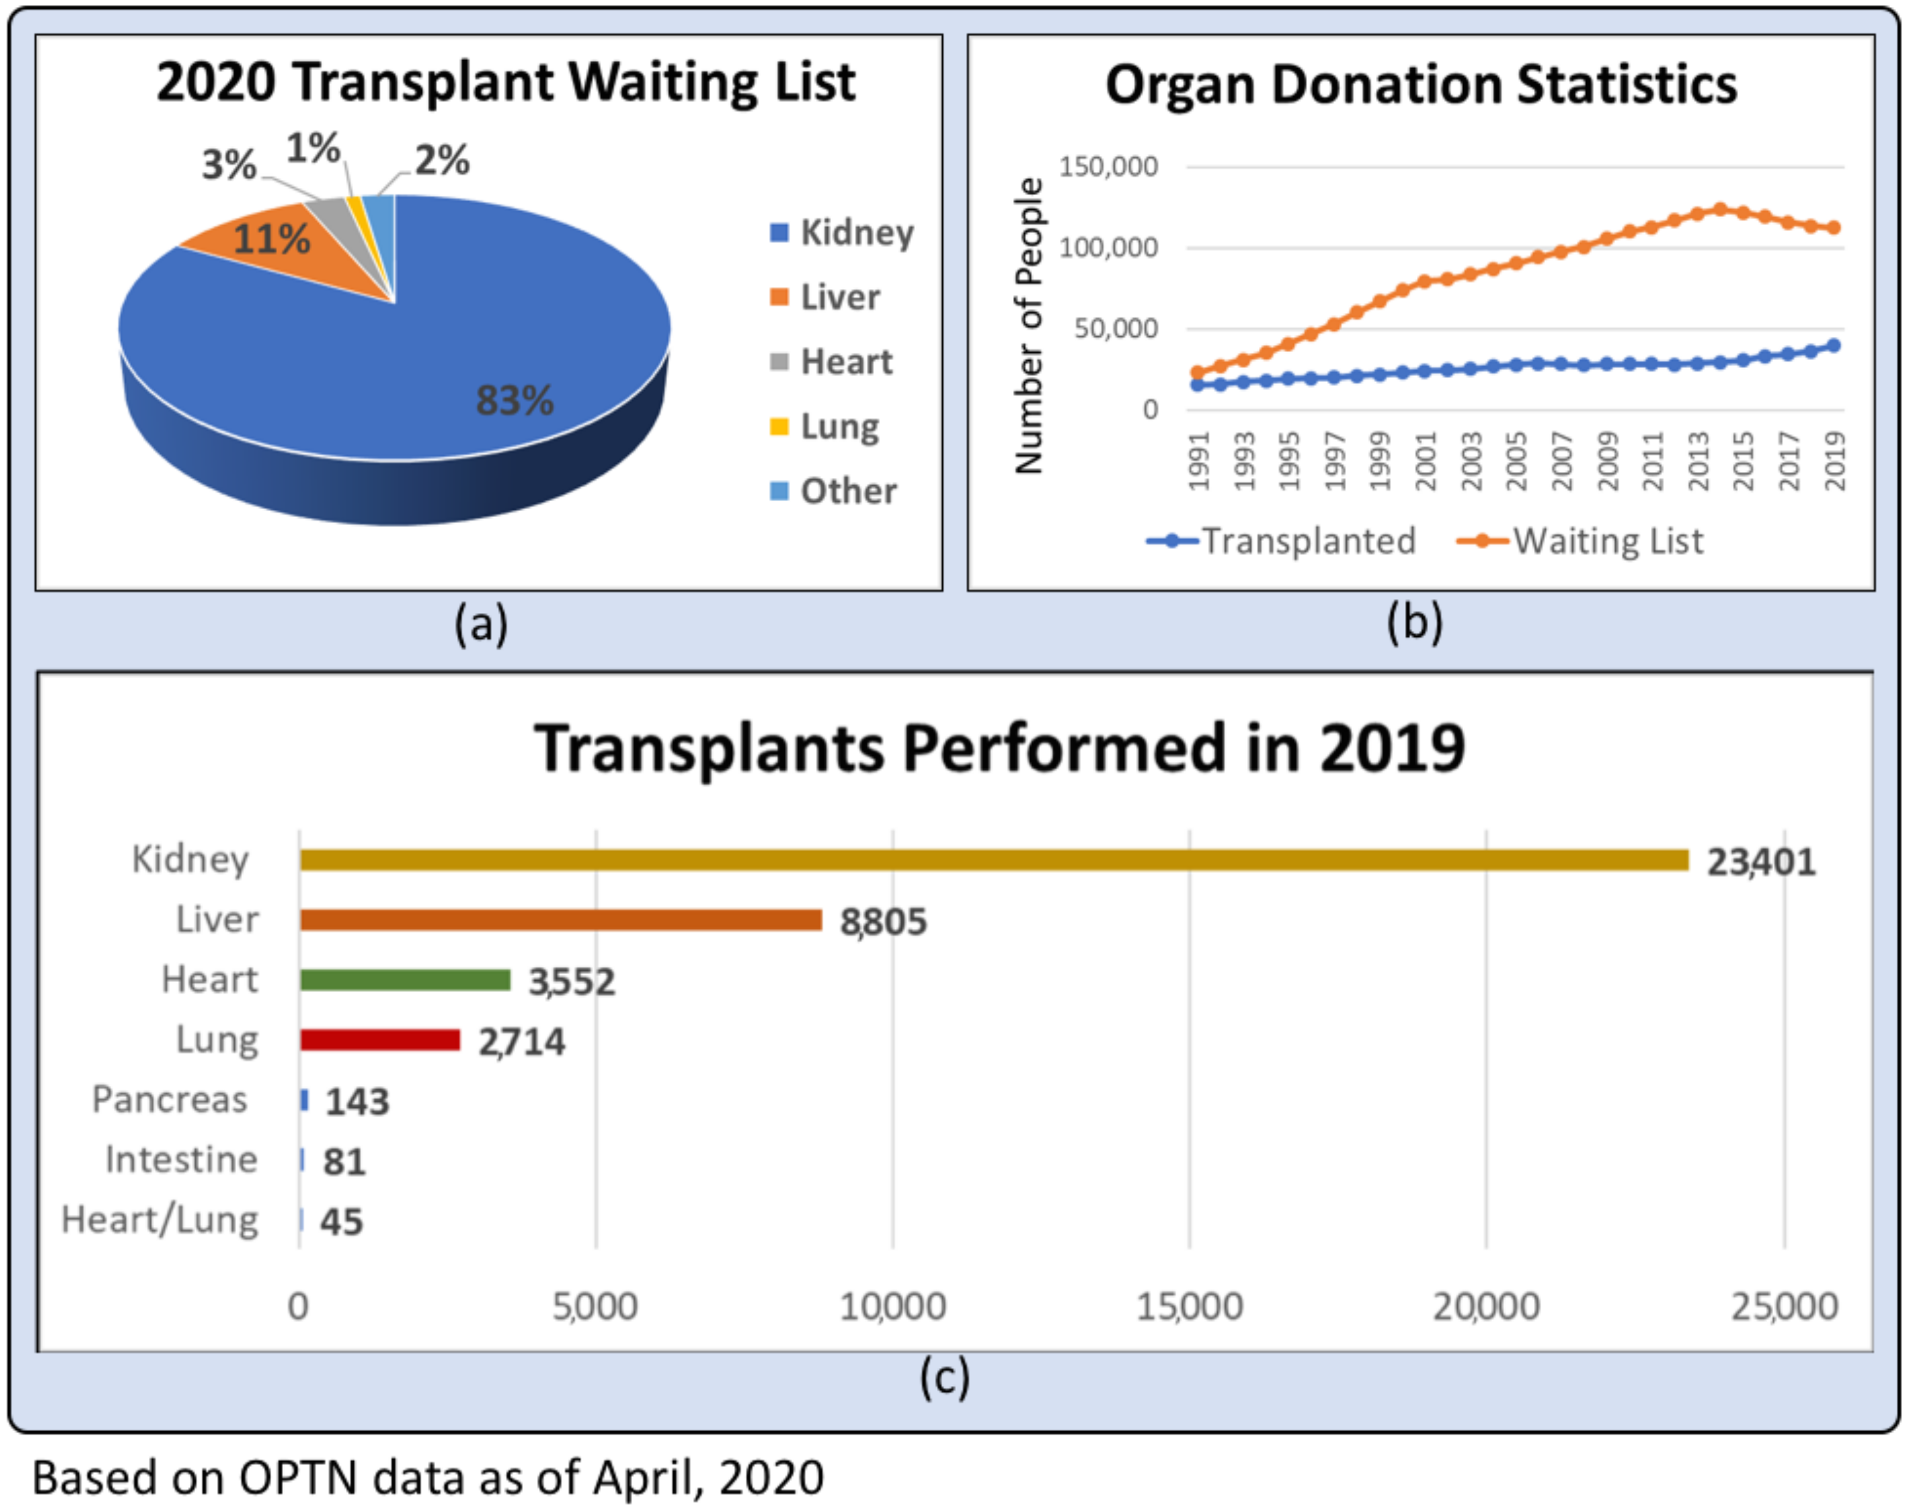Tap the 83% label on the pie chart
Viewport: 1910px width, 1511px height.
(515, 400)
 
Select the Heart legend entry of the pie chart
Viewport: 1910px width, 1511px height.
(832, 362)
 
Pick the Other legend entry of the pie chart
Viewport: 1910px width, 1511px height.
(833, 491)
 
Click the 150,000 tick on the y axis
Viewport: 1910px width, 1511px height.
(1108, 167)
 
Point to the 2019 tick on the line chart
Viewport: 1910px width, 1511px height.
(1836, 460)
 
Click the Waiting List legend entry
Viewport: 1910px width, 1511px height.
(1580, 541)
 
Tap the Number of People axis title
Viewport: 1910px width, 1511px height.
(1029, 326)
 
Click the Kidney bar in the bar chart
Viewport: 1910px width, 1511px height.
(994, 860)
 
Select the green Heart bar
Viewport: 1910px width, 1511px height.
(405, 980)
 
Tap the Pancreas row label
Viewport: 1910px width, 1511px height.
(170, 1100)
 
